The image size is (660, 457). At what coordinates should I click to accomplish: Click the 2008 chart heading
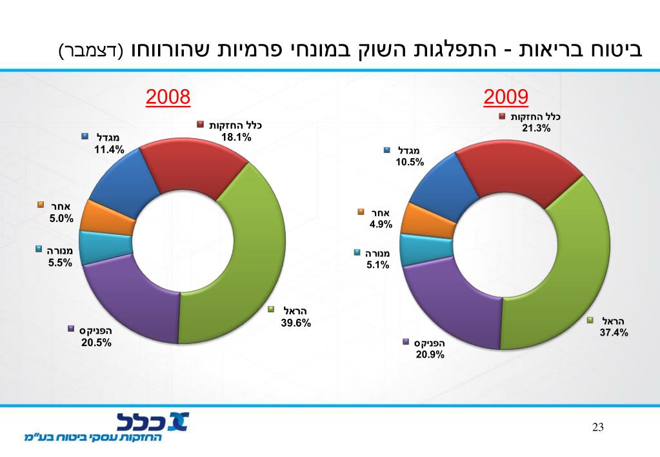coord(168,97)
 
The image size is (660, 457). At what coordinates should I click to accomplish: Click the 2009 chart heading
coord(506,97)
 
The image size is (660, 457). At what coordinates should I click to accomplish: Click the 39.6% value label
coord(296,323)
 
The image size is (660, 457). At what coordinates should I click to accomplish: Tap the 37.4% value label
coord(614,333)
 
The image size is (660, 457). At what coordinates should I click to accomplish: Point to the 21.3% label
coord(536,128)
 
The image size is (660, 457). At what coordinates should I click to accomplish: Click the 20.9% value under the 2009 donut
coord(430,354)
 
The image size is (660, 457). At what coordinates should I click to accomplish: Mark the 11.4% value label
coord(109,150)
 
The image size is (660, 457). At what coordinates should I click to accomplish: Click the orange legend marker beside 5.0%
coord(40,205)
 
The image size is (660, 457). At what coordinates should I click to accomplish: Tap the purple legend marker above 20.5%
coord(71,329)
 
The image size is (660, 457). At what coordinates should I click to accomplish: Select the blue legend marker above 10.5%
coord(387,150)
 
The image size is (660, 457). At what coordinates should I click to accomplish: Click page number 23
coord(597,427)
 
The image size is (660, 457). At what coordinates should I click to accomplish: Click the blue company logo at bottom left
coord(152,422)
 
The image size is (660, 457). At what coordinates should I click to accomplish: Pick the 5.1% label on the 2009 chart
coord(377,264)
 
